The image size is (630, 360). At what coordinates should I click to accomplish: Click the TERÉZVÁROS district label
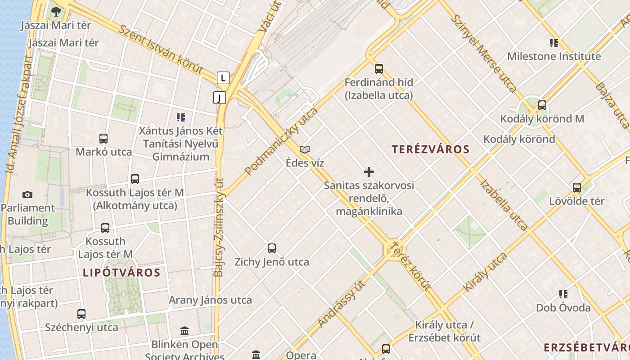point(430,149)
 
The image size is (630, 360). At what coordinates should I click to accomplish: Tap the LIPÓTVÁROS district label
point(121,272)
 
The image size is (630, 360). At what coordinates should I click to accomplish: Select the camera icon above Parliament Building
point(27,194)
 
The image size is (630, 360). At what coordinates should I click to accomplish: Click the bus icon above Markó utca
point(103,139)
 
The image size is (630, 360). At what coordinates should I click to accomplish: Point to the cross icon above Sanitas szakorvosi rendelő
point(369,172)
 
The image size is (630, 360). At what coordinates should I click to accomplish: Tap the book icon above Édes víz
point(305,149)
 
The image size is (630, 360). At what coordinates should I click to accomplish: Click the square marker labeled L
point(223,78)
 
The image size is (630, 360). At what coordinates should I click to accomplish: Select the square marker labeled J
point(220,97)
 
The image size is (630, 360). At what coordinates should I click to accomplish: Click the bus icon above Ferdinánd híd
point(379,69)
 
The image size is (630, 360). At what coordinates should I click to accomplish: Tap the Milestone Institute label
point(554,57)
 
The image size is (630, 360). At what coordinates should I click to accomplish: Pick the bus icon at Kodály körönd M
point(542,105)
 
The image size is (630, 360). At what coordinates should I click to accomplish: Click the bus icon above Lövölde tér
point(577,188)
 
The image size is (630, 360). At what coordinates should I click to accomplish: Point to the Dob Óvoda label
point(563,308)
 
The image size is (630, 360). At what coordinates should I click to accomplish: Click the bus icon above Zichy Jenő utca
point(272,248)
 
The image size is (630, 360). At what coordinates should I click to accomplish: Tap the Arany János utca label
point(210,300)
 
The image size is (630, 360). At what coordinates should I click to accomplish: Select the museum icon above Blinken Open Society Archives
point(184,332)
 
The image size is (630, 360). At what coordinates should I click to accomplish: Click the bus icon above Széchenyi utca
point(81,314)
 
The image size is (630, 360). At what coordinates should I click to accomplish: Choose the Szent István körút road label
point(161,49)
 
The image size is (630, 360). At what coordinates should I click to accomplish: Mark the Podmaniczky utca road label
point(281,141)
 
